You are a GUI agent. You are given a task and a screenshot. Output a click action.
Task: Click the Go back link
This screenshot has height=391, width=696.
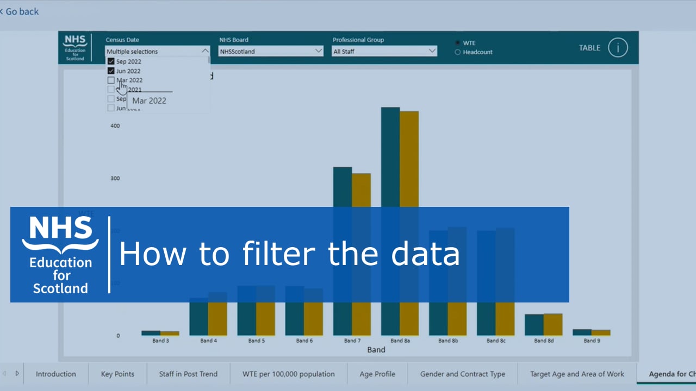21,11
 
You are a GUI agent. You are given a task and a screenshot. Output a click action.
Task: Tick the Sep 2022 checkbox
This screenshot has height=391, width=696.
111,62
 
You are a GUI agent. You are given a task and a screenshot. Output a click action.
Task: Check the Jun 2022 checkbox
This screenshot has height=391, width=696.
111,71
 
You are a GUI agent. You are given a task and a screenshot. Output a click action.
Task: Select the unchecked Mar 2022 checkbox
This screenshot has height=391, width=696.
111,80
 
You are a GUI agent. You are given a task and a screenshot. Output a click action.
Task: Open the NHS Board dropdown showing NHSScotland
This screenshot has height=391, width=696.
271,51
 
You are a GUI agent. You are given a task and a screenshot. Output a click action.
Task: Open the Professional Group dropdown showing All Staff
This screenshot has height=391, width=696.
384,51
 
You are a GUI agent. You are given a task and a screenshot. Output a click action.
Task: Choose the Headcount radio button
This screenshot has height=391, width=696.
458,52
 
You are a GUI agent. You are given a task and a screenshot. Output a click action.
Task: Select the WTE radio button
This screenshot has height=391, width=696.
458,43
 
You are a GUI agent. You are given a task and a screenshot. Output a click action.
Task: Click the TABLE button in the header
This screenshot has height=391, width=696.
589,48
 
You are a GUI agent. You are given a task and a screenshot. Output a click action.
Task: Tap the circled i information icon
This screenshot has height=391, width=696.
618,48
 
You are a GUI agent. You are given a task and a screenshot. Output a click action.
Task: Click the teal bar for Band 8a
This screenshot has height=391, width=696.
390,157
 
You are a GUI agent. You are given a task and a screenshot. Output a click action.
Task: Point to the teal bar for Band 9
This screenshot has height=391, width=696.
582,332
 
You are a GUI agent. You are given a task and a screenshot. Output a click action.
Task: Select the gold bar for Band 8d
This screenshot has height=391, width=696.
553,324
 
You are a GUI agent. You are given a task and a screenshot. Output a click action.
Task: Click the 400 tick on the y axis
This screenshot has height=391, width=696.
115,126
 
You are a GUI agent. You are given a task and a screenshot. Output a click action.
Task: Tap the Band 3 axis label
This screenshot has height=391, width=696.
160,340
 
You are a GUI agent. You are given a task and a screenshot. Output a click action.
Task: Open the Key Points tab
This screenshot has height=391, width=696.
117,374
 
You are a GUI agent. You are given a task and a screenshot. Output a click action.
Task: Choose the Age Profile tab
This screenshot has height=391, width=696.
377,374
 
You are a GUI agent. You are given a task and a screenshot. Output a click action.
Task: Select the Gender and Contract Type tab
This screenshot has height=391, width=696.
462,374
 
